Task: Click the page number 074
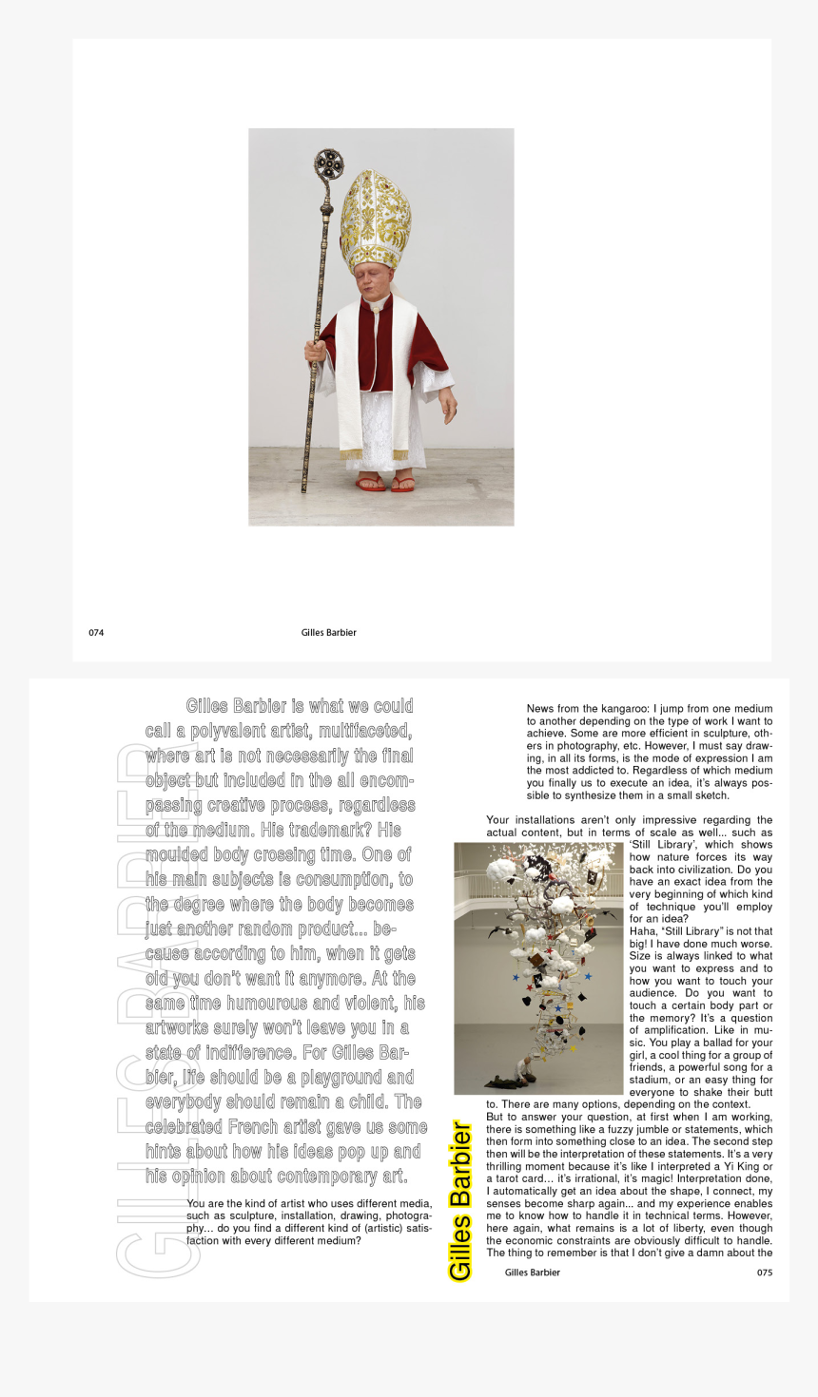(x=96, y=633)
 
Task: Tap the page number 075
(x=765, y=1273)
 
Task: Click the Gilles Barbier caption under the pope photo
(x=328, y=633)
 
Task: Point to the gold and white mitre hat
(x=375, y=220)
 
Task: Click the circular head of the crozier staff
(x=329, y=164)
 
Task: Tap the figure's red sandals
(x=386, y=485)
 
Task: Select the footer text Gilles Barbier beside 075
(x=532, y=1273)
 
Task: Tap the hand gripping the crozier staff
(x=315, y=353)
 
